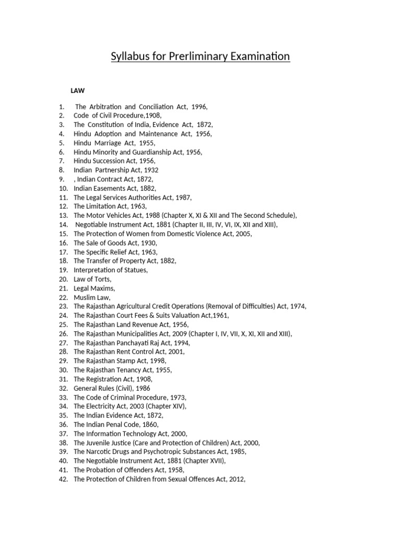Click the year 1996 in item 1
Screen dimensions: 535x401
[x=199, y=107]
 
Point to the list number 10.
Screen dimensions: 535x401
[x=63, y=188]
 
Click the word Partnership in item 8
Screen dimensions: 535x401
[x=113, y=170]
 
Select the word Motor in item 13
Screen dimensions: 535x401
[x=96, y=215]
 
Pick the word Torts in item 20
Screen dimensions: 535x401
[x=101, y=279]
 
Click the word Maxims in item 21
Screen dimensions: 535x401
[x=103, y=288]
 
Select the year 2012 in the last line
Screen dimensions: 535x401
[x=235, y=479]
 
